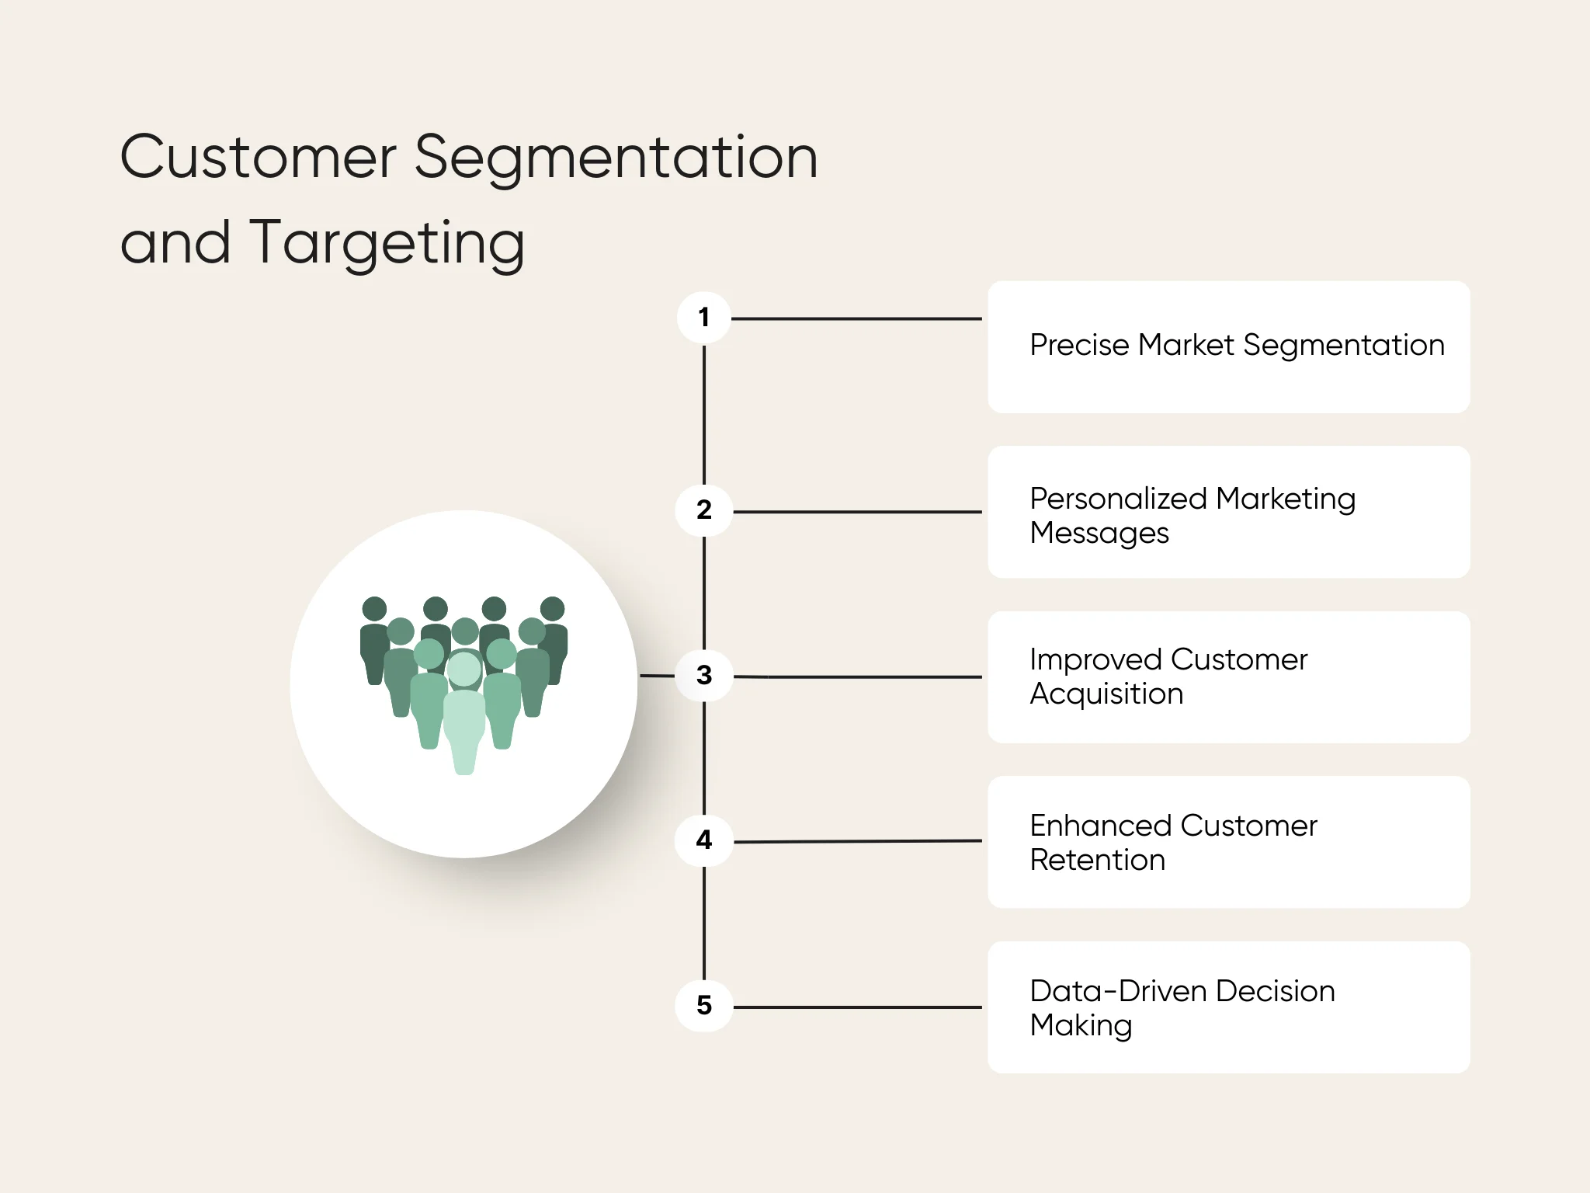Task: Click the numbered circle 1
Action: [x=704, y=318]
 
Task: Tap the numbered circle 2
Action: [x=704, y=510]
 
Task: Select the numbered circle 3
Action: [x=704, y=675]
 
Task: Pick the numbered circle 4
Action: [x=704, y=840]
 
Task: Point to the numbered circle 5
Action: [x=704, y=1006]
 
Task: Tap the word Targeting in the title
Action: [x=387, y=243]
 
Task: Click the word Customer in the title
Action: [x=258, y=158]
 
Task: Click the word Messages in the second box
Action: [x=1099, y=534]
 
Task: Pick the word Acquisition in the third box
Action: [x=1106, y=694]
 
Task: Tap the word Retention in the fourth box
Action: [x=1097, y=860]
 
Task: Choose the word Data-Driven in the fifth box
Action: [x=1117, y=991]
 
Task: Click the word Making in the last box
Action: [x=1081, y=1026]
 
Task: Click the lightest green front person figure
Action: [x=464, y=722]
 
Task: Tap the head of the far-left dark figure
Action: [x=374, y=609]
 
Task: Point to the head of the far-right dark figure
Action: [x=553, y=609]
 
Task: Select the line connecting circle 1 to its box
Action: [x=856, y=318]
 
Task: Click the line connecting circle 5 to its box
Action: [x=856, y=1007]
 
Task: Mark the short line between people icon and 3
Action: [x=656, y=676]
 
